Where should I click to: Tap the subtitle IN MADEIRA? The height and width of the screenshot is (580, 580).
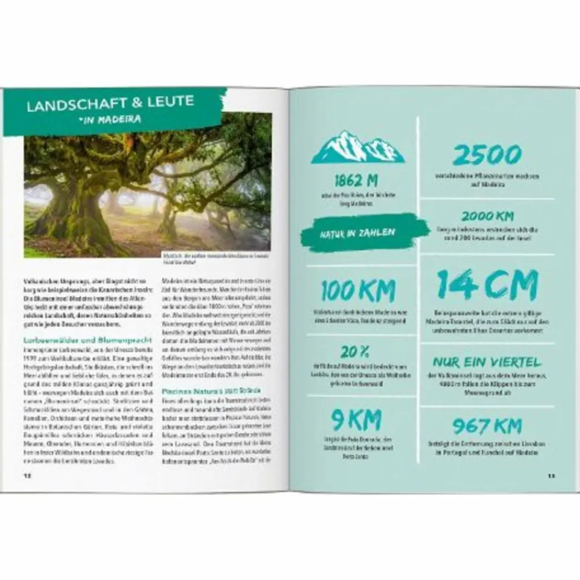(x=110, y=120)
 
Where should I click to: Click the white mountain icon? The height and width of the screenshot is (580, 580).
(x=358, y=148)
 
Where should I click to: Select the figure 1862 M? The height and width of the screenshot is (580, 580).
(x=356, y=181)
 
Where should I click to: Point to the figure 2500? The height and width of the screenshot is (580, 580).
(x=487, y=156)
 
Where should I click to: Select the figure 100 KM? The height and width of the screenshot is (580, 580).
(x=357, y=291)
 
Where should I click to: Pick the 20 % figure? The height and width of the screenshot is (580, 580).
(x=355, y=352)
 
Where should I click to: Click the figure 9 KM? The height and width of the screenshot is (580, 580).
(x=356, y=420)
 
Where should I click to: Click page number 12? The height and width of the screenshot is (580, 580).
(x=27, y=475)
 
